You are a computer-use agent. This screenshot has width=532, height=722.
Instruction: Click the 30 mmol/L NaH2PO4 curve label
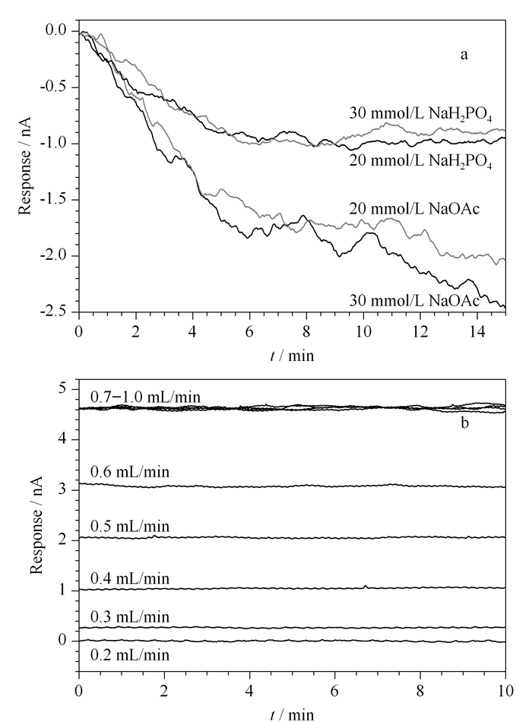coord(420,114)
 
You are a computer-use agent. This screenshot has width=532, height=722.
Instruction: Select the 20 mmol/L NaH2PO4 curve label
coord(420,162)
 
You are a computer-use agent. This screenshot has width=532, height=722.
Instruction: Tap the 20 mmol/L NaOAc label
coord(414,209)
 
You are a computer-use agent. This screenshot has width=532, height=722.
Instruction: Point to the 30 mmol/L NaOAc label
coord(414,301)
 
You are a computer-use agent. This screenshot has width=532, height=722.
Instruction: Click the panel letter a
coord(464,55)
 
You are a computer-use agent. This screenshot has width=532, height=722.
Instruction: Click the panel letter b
coord(465,423)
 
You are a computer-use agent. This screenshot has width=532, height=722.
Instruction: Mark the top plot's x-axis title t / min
coord(292,356)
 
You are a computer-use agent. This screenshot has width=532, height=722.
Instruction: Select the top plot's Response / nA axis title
coord(25,166)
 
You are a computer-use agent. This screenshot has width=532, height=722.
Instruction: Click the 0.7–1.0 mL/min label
coord(146,397)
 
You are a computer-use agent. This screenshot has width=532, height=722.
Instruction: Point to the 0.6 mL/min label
coord(130,472)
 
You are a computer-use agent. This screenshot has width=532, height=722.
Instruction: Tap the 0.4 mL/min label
coord(130,578)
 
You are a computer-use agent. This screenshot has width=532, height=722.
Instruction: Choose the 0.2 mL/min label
coord(130,655)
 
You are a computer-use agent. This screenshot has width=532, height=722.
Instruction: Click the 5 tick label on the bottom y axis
coord(62,389)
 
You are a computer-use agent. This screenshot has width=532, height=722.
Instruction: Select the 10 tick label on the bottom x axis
coord(505,692)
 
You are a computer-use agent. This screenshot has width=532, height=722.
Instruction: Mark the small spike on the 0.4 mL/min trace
coord(366,586)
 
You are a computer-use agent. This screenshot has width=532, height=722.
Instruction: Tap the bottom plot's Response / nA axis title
coord(36,525)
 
